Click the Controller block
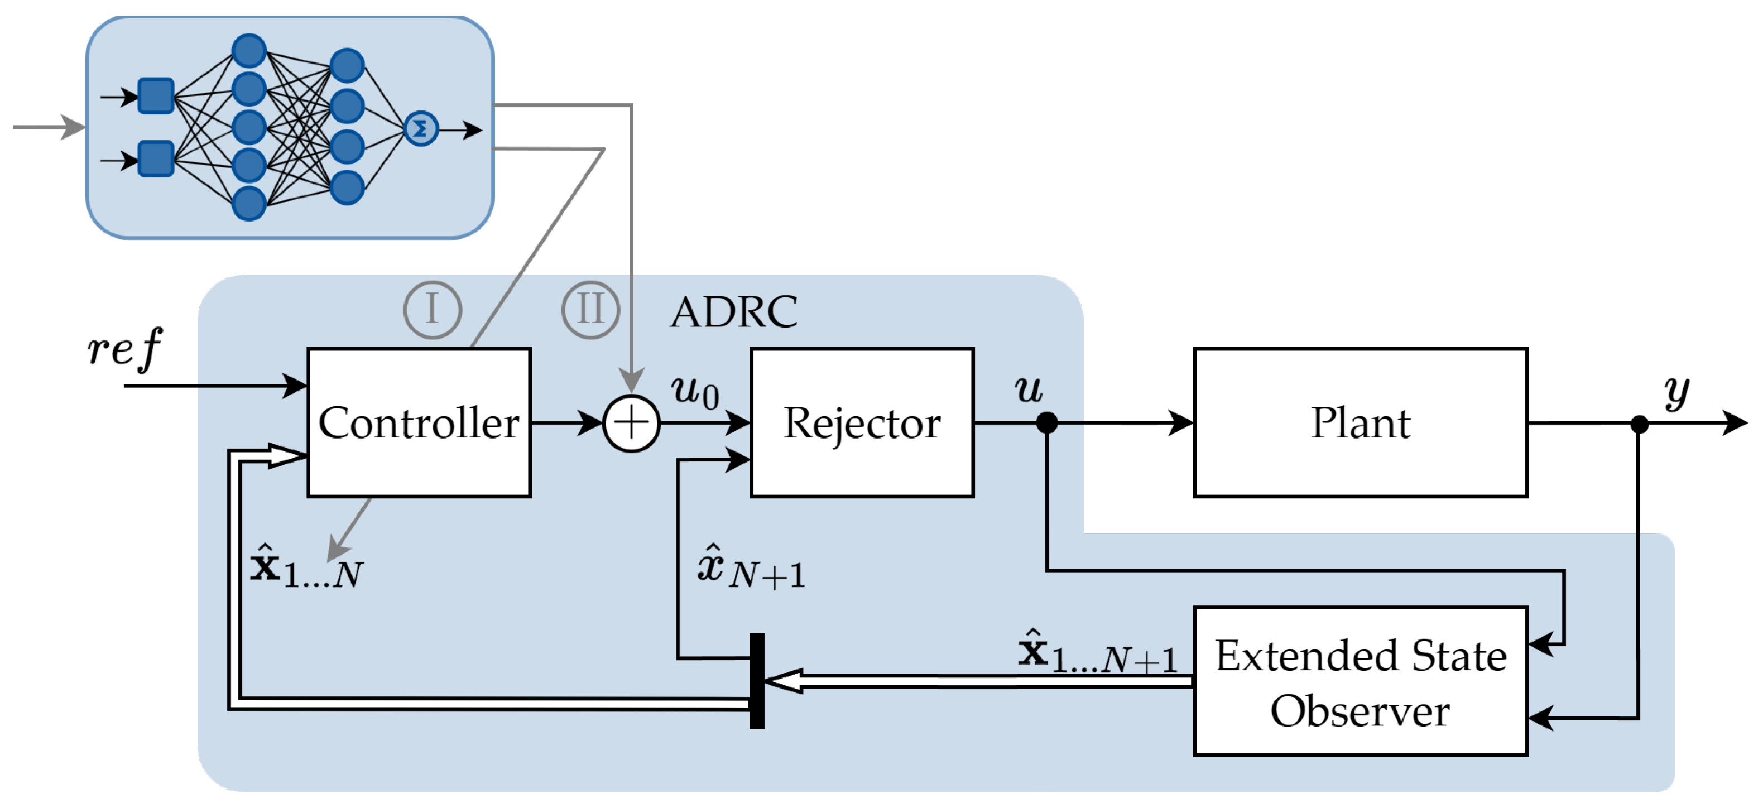click(x=419, y=422)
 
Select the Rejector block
click(x=862, y=422)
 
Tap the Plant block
click(x=1361, y=422)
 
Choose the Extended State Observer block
click(x=1361, y=681)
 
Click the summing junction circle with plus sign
click(x=631, y=423)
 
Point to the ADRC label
click(x=734, y=312)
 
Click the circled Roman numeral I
click(x=433, y=310)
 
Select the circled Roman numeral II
click(x=590, y=310)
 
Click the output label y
click(x=1676, y=392)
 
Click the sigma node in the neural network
click(x=421, y=129)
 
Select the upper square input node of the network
click(x=156, y=96)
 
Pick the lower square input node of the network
click(x=156, y=158)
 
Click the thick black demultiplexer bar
click(x=757, y=681)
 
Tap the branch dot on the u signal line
click(x=1047, y=423)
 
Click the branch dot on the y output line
click(x=1639, y=424)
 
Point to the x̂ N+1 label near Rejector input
click(x=751, y=568)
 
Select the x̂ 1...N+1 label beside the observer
click(x=1098, y=651)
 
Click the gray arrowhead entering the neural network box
click(x=73, y=127)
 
